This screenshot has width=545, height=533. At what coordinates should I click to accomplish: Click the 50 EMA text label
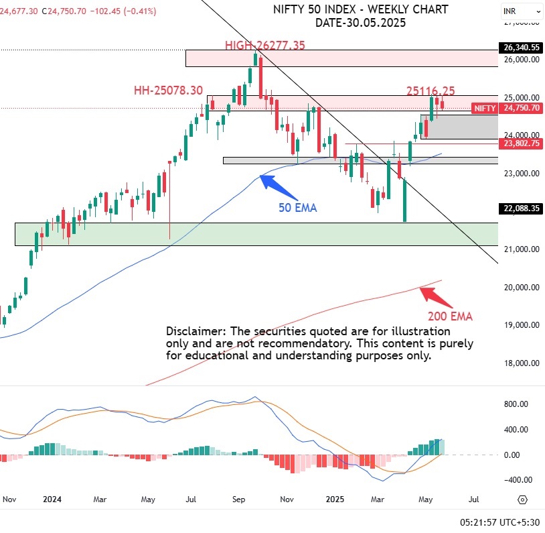pos(297,208)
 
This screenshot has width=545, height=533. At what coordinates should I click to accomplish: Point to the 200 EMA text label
pos(449,316)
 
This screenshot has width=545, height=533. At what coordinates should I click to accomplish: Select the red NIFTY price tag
pos(484,108)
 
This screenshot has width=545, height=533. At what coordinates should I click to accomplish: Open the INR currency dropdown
pos(521,11)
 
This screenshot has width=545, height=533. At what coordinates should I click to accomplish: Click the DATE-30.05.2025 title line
pos(361,22)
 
